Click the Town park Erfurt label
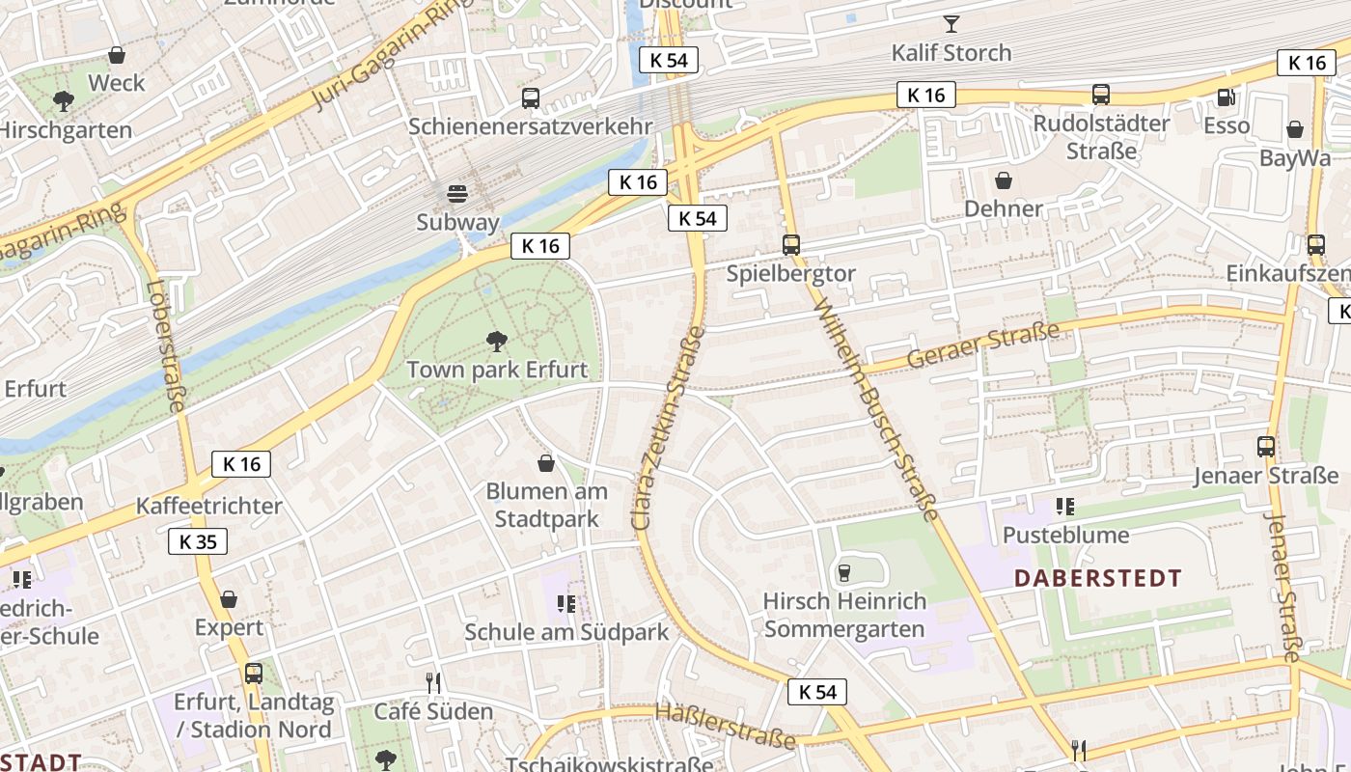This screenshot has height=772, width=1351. click(497, 370)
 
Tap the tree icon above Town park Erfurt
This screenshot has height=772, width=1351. click(497, 340)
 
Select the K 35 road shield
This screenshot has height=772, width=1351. click(198, 541)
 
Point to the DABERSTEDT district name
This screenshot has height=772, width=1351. click(1098, 579)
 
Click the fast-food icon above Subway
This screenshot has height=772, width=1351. click(457, 193)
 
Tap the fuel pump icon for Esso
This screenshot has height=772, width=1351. click(1226, 96)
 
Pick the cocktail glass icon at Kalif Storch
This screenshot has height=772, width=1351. click(951, 23)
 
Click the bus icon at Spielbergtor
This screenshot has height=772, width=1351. click(791, 245)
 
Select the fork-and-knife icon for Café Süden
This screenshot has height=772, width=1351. click(433, 683)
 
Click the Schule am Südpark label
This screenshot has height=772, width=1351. click(566, 633)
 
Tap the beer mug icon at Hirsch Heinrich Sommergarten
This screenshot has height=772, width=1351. click(844, 573)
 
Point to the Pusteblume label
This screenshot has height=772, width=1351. click(1065, 535)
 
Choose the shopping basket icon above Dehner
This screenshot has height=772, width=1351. click(1004, 180)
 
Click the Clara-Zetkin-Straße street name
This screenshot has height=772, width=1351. click(669, 427)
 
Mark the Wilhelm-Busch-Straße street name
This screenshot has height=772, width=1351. click(876, 409)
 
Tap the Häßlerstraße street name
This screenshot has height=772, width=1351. click(726, 725)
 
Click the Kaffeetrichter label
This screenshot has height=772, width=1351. click(208, 506)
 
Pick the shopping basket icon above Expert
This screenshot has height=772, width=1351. click(229, 599)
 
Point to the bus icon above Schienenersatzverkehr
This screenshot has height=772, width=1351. click(531, 97)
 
